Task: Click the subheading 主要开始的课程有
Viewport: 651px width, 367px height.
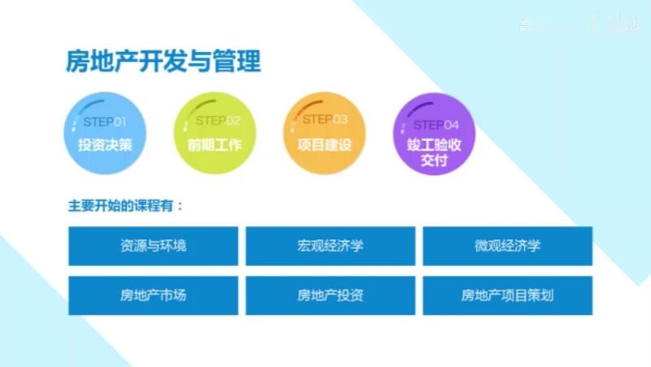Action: (126, 205)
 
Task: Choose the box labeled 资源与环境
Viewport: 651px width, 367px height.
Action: (153, 246)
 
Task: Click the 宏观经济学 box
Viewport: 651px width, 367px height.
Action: (330, 246)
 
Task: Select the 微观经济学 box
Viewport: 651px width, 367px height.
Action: (507, 246)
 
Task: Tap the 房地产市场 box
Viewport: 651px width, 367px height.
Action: (153, 295)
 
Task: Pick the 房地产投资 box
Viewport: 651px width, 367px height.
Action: (330, 295)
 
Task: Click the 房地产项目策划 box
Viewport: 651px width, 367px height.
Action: (507, 295)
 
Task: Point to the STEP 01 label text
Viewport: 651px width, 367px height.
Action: (105, 122)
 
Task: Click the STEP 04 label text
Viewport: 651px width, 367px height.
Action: (436, 125)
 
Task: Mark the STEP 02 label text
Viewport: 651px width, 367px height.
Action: (217, 120)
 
